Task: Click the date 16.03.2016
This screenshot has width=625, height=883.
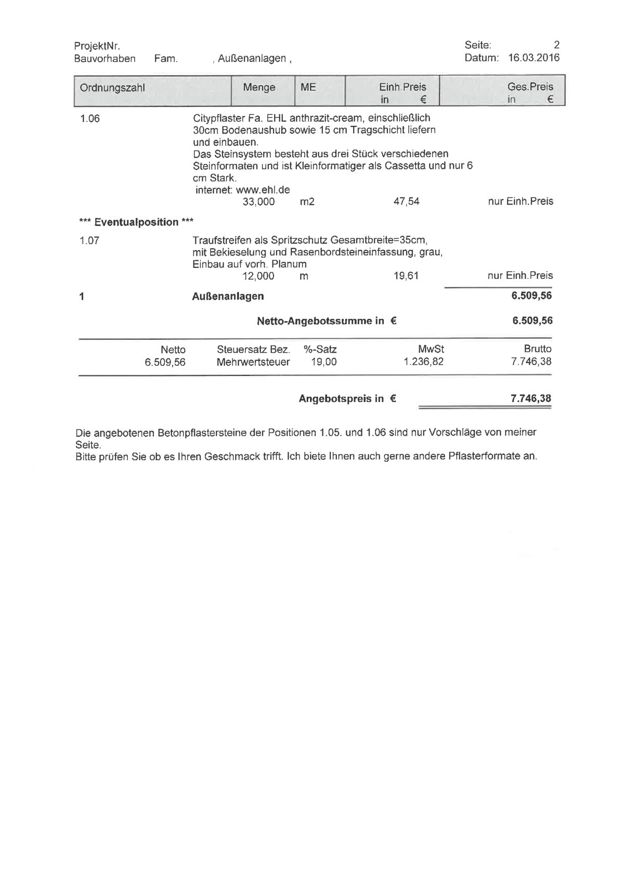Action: (x=533, y=58)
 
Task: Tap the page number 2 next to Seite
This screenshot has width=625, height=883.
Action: (x=556, y=45)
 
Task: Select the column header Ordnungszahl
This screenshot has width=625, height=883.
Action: (x=112, y=87)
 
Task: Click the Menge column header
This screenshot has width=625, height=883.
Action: (x=259, y=87)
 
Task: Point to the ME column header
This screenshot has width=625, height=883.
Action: (x=308, y=87)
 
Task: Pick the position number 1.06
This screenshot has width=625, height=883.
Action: (x=89, y=118)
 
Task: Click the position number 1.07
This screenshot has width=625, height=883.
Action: (x=89, y=240)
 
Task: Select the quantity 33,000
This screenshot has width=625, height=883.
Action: (x=258, y=202)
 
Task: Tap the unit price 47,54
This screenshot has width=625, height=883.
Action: (x=406, y=202)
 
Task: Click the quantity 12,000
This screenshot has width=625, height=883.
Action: (x=258, y=276)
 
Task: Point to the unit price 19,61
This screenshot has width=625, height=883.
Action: (x=406, y=276)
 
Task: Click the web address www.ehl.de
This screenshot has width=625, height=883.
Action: (x=263, y=190)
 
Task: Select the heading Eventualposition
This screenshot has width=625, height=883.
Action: (x=136, y=222)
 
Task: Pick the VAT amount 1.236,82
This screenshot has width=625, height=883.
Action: (x=423, y=362)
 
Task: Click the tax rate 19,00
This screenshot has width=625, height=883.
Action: (x=323, y=362)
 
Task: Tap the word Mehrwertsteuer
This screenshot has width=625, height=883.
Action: (x=253, y=362)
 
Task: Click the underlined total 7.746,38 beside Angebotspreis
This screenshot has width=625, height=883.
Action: (x=531, y=398)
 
